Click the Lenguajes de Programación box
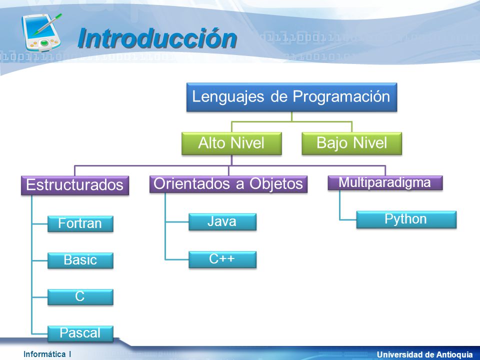(291, 97)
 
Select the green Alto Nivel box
(231, 143)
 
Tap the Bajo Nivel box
(351, 143)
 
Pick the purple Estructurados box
(75, 185)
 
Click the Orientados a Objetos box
(228, 184)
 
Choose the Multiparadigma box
(385, 183)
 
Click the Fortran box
(80, 224)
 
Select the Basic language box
(80, 260)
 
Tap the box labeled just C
(80, 297)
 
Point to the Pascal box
(80, 333)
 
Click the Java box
(222, 221)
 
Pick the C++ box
(222, 259)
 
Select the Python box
(406, 219)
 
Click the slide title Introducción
(157, 38)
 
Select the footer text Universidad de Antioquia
(425, 354)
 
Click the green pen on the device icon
(48, 24)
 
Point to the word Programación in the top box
(341, 96)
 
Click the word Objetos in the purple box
(276, 184)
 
